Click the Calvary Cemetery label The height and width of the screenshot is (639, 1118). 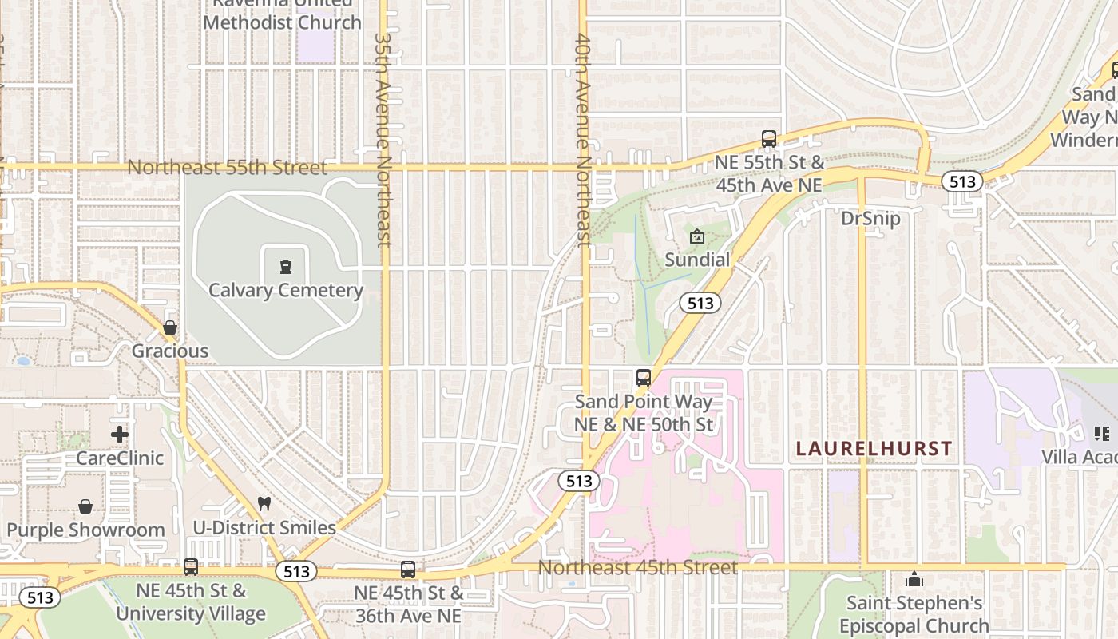286,290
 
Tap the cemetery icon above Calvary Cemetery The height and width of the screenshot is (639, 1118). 286,267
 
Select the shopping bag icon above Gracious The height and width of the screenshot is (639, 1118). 170,327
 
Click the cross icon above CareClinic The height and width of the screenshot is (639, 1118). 120,435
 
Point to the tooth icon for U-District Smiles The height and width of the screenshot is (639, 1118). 264,504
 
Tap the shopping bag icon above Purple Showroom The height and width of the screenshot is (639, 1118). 85,506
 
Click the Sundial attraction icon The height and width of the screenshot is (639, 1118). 697,236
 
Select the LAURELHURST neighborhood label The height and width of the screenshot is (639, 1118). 874,448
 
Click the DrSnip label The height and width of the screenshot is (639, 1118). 870,218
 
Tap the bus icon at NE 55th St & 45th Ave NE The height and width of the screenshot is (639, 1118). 769,139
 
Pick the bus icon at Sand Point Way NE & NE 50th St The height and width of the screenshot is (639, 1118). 644,378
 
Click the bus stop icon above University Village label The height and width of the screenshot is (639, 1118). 191,567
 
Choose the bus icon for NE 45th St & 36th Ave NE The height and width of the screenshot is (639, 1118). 408,570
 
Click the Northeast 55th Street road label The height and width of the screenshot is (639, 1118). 228,167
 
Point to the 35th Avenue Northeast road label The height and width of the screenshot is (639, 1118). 383,140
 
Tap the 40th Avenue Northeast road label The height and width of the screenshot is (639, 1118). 583,140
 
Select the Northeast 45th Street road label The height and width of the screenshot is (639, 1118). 637,567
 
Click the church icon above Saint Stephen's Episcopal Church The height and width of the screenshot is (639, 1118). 914,579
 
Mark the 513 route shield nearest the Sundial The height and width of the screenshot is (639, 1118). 700,303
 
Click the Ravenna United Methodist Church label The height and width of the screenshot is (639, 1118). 283,16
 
